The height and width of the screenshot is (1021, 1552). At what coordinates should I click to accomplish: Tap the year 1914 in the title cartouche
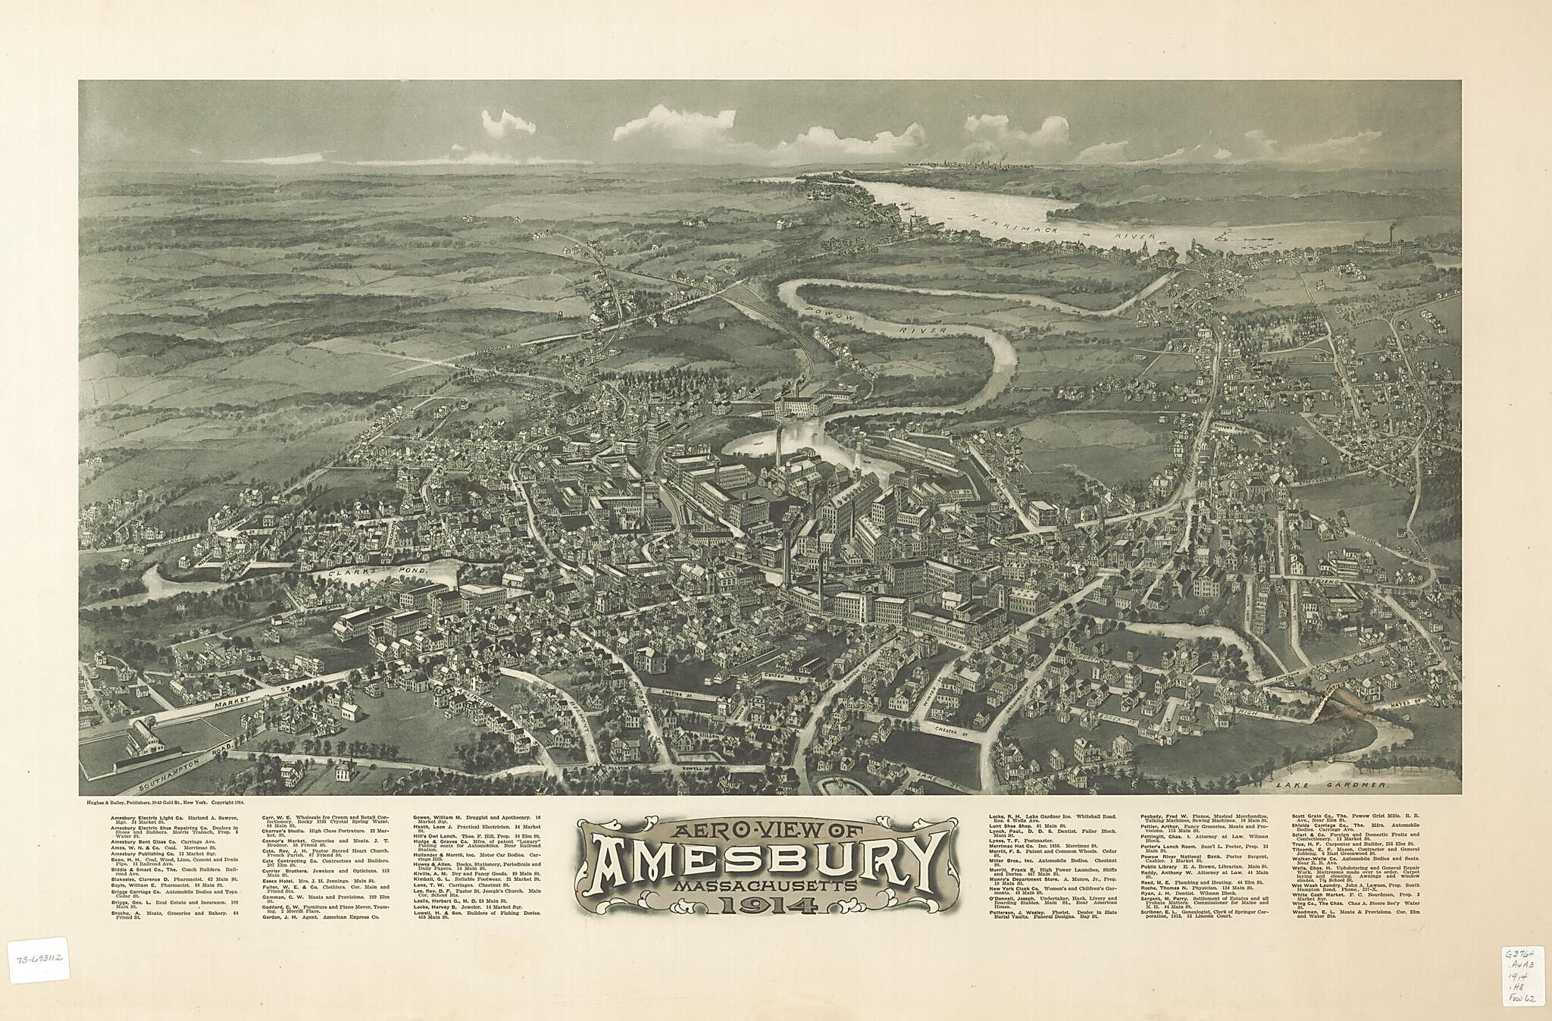767,904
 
